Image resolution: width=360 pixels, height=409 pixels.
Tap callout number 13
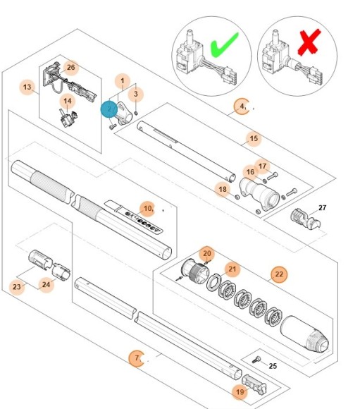coord(27,88)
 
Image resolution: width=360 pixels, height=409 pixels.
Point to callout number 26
coord(70,68)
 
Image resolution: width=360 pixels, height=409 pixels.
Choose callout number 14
coord(68,102)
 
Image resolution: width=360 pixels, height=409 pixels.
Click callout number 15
coord(253,138)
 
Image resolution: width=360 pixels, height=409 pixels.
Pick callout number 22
coord(278,274)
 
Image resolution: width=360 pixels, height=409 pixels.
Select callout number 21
coord(232,269)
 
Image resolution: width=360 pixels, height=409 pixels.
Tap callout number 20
coord(206,253)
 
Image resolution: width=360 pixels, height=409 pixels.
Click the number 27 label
coord(323,208)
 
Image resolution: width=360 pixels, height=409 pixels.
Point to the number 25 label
coord(274,366)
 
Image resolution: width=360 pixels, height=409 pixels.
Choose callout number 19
coord(240,391)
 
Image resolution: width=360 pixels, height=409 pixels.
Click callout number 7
coord(137,358)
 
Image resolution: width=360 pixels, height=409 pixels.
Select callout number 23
coord(17,286)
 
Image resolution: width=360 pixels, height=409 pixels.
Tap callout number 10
coord(147,208)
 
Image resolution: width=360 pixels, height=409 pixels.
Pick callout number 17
coord(262,166)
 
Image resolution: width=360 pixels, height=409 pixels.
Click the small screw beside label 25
coord(259,359)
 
